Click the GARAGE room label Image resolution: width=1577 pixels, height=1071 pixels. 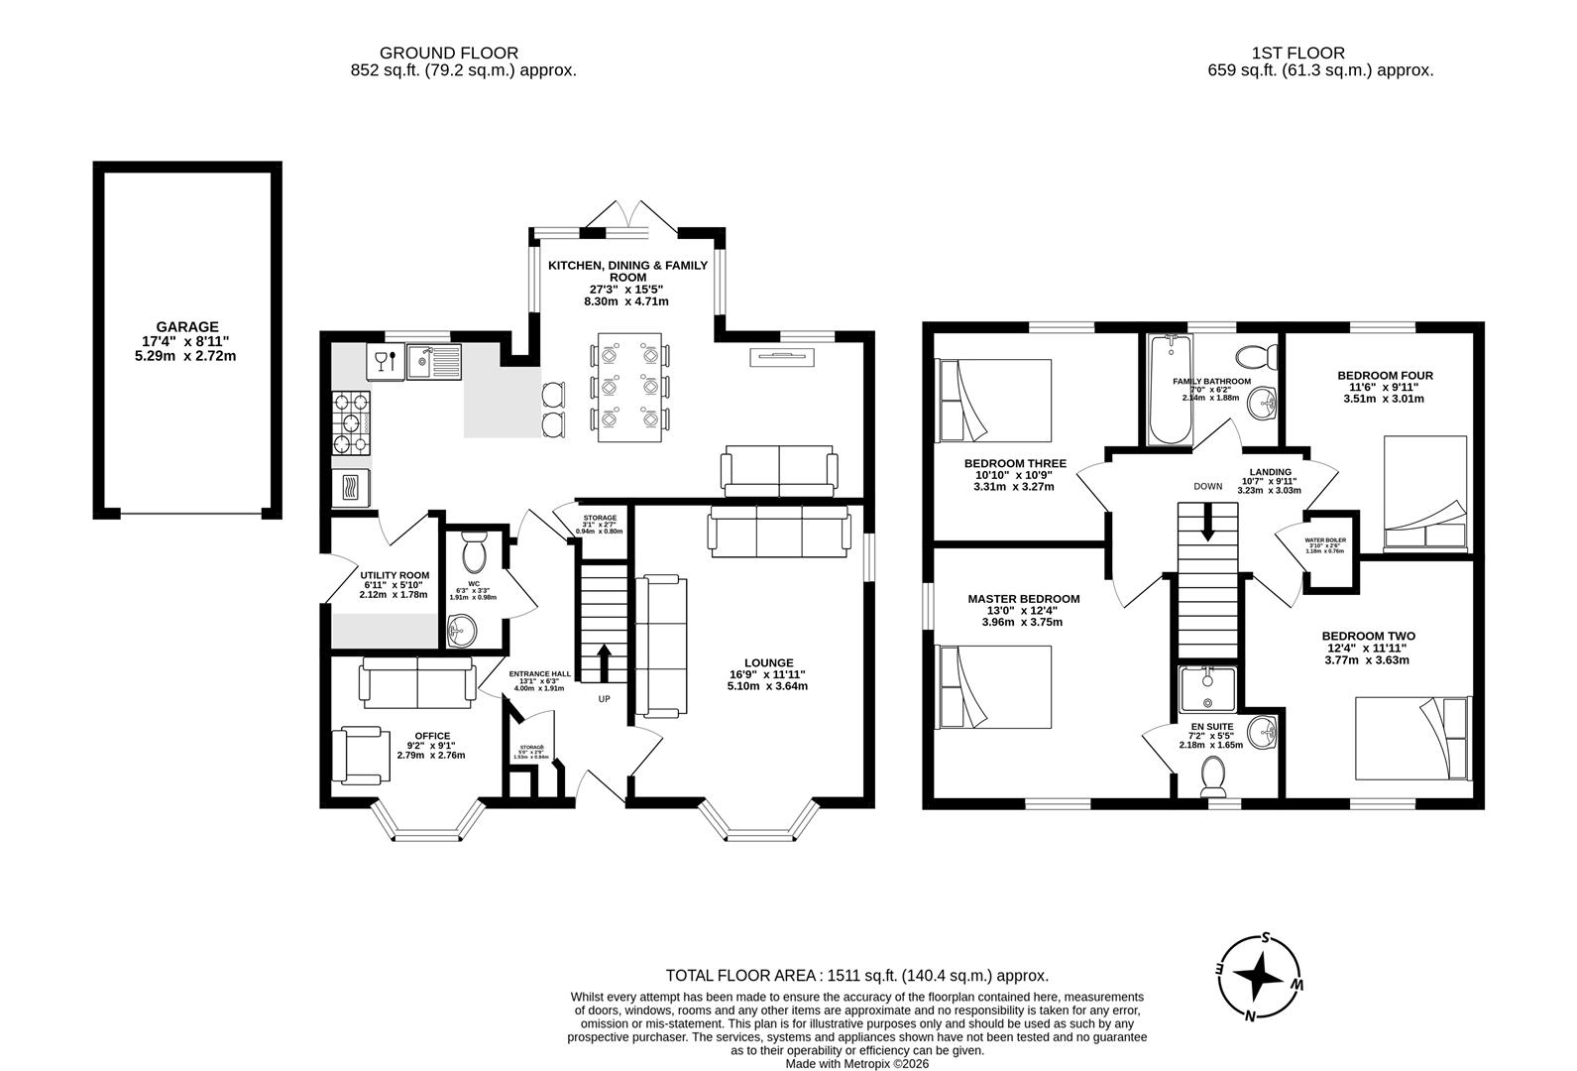(186, 326)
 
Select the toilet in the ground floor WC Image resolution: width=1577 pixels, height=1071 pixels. (474, 550)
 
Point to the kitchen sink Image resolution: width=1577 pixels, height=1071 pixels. (433, 362)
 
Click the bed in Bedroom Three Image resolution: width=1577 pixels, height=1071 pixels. (994, 401)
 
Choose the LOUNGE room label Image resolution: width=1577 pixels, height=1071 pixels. (769, 663)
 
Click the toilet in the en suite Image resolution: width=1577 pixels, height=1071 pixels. (1213, 774)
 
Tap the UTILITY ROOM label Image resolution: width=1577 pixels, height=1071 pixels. (394, 575)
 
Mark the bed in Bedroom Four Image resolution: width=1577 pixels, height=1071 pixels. (1424, 493)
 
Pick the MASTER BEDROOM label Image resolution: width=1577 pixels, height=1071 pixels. (1024, 599)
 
